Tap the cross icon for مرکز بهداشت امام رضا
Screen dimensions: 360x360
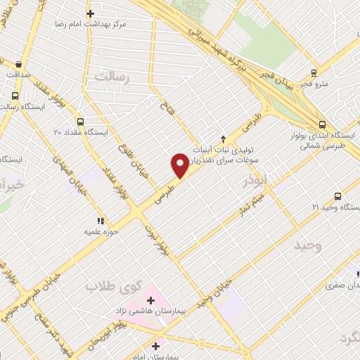click(90, 13)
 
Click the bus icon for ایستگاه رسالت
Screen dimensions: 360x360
click(15, 96)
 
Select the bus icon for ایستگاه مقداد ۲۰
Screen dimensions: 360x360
click(79, 121)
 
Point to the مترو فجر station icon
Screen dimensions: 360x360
click(314, 72)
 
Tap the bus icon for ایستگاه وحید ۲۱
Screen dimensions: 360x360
click(337, 196)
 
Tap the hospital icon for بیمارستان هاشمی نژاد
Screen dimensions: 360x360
click(150, 300)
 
